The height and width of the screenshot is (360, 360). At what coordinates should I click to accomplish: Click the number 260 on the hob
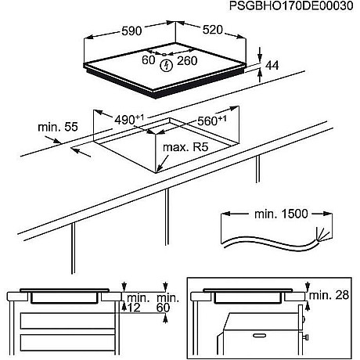click(x=186, y=61)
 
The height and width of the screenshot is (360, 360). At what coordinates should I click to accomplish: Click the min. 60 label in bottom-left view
click(x=164, y=303)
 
